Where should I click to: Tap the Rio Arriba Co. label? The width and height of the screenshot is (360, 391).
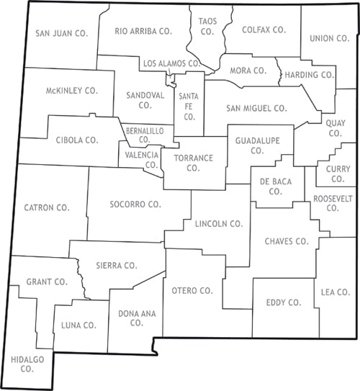coord(144,31)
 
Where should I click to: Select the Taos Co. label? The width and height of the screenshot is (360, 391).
coord(207,27)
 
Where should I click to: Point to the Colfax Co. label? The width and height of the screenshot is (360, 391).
coord(264,30)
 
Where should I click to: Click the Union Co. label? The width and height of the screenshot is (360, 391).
coord(328,38)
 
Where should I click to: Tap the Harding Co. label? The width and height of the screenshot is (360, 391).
coord(309,74)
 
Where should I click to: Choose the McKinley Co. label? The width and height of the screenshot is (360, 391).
coord(71,91)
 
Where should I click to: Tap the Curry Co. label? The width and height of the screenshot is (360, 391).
coord(337,174)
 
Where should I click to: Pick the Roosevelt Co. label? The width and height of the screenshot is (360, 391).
coord(332,202)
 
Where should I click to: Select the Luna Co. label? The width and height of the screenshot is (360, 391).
coord(79,325)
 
